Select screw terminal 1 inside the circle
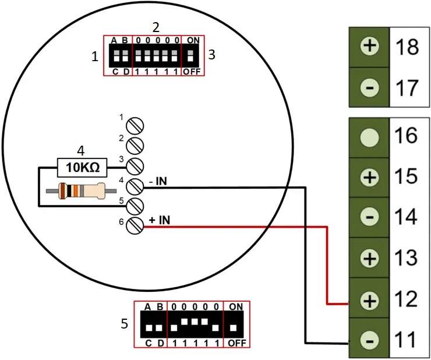click(x=135, y=125)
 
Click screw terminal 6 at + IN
click(x=135, y=224)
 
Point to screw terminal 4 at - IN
click(x=135, y=186)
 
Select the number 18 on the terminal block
click(x=407, y=47)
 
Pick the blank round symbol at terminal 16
click(x=369, y=137)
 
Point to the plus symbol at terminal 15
click(x=369, y=178)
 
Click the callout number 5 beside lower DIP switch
click(x=124, y=323)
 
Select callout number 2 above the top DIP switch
click(x=156, y=27)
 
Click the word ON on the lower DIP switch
click(x=236, y=306)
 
